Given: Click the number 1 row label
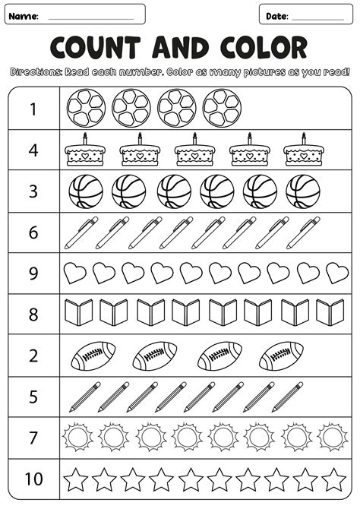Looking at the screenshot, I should [x=33, y=109].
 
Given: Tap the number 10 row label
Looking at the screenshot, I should [x=33, y=479].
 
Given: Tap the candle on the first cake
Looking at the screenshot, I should [x=84, y=138].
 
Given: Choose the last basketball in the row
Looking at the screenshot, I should [x=303, y=191].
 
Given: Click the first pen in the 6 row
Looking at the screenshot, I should [x=81, y=232].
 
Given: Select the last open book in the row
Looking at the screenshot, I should [x=330, y=311].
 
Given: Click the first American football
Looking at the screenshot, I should [x=94, y=354].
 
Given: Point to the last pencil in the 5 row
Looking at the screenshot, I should [x=289, y=396].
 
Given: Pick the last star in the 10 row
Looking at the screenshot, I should [x=333, y=479].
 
